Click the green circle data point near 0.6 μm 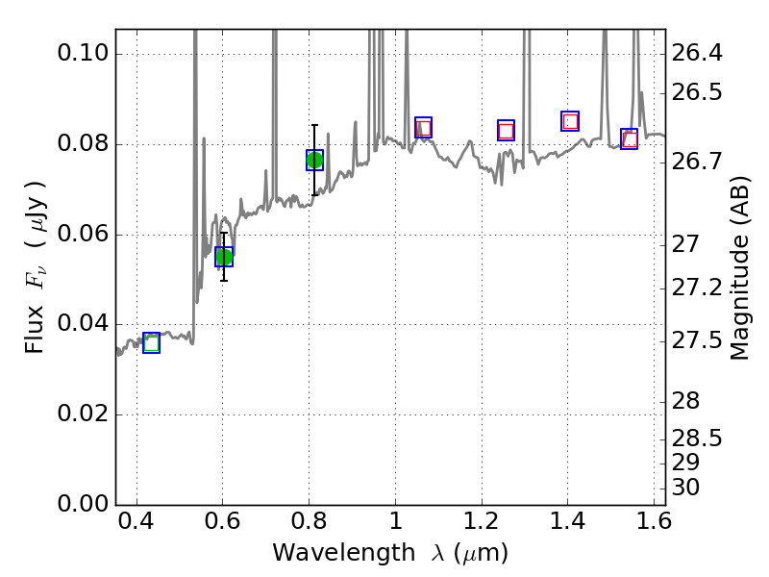point(224,257)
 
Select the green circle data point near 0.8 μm point(314,161)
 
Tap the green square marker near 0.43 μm point(151,343)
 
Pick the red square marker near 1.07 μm point(423,128)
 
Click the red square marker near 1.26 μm point(506,131)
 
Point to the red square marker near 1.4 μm point(570,121)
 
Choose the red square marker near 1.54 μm point(630,139)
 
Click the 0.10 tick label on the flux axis point(82,54)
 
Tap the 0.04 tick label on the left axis point(82,325)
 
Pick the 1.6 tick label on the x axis point(654,525)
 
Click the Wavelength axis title point(390,553)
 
